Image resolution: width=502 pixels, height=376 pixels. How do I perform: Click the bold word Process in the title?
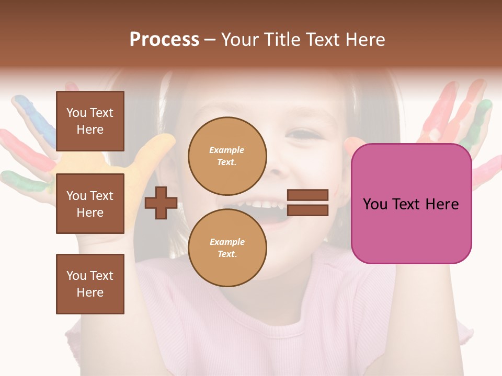tap(164, 40)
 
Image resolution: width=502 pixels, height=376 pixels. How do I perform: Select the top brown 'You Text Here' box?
tap(90, 121)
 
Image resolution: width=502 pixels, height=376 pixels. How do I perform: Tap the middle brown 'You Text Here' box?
tap(90, 204)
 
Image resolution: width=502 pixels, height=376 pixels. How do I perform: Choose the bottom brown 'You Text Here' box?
tap(90, 284)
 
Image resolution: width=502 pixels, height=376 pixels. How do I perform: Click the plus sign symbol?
tap(161, 203)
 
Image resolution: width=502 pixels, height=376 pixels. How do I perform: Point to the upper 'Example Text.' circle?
tap(227, 156)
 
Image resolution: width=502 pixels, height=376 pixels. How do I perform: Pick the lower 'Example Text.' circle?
tap(227, 248)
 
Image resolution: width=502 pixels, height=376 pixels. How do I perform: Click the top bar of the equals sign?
tap(307, 195)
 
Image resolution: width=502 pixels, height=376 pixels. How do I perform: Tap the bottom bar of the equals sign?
tap(307, 210)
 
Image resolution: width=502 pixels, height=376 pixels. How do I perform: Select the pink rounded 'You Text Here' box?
tap(411, 204)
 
